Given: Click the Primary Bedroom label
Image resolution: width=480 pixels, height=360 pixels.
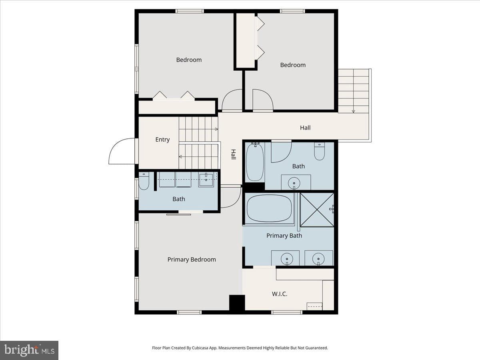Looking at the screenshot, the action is point(192,260).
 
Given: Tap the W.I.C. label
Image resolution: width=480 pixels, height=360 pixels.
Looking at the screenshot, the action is point(280,294).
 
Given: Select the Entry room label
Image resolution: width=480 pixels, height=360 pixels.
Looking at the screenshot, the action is point(162,140).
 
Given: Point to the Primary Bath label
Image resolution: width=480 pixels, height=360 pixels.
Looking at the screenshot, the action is point(284,236).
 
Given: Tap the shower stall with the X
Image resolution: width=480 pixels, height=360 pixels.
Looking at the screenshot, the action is point(317,210).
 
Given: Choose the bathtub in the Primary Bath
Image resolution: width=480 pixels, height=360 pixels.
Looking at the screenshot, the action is point(269,208).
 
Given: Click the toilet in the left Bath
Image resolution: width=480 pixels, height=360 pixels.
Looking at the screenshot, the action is point(144,181).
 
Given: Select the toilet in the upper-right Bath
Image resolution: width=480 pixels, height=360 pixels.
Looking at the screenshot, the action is point(319,151).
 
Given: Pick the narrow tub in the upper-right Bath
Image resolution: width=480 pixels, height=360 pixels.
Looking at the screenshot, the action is point(255,162).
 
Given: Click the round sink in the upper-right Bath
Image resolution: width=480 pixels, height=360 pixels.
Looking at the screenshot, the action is point(294,183).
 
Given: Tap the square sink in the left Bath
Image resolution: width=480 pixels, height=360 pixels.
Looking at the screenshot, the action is point(206,180).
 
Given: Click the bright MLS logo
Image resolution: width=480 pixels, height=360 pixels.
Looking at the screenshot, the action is point(29,350).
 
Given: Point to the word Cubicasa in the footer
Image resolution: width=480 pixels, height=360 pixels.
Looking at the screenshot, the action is point(200,348).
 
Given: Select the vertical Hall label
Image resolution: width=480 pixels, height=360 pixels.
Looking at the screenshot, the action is point(233,154).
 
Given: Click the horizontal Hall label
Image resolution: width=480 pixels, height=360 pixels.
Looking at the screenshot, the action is point(305,128).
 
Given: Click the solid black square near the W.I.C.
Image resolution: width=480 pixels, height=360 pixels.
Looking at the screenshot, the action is point(237,302).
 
